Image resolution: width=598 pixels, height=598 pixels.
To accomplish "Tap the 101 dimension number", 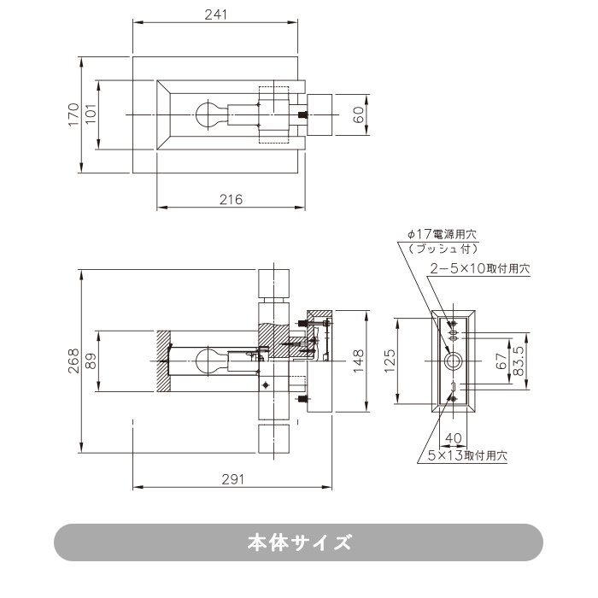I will (91, 114).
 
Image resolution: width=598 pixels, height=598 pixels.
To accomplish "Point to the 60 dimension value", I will (359, 114).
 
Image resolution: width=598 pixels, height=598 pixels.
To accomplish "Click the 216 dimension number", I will (232, 199).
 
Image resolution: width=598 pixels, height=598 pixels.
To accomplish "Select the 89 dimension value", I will (91, 361).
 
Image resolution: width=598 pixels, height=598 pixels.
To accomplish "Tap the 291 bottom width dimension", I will (232, 479).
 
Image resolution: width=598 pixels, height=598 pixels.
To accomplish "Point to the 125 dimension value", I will (389, 361).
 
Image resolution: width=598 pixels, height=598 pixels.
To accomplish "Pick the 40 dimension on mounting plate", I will (454, 437).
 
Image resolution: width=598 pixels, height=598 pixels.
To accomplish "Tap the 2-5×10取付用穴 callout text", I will (479, 268).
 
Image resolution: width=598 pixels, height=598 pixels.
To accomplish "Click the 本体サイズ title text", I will (298, 542).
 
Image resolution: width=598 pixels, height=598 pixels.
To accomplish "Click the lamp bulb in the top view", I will (208, 114).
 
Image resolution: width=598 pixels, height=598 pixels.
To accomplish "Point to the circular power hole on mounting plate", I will (454, 361).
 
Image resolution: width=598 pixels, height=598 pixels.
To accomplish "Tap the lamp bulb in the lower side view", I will (208, 360).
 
